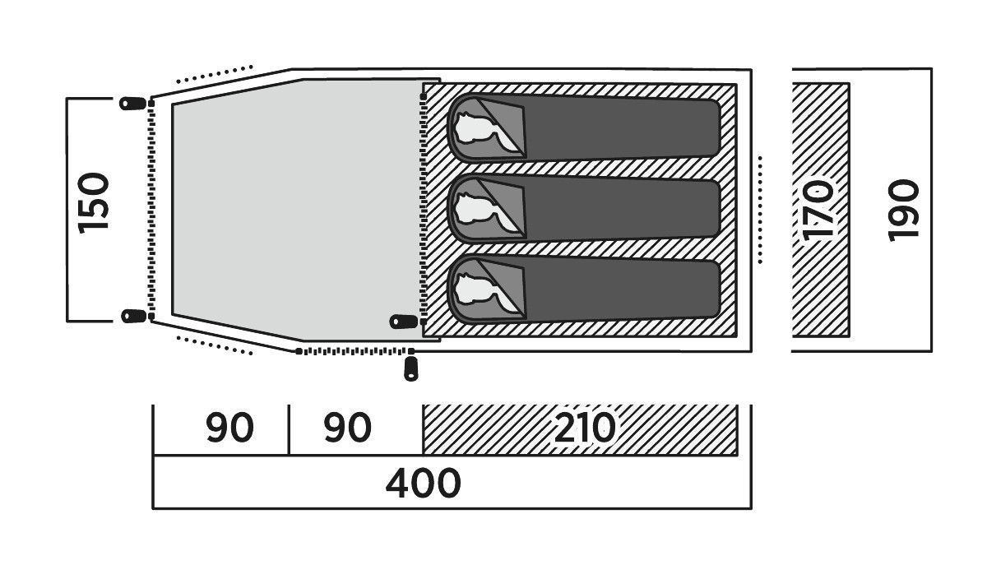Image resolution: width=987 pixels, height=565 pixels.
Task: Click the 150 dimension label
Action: (93, 203)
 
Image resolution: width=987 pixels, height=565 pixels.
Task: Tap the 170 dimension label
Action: (818, 211)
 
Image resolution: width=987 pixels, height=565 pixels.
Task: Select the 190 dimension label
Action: (904, 211)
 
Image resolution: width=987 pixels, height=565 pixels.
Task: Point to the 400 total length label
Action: (423, 484)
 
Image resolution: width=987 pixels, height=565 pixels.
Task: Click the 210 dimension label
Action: (584, 427)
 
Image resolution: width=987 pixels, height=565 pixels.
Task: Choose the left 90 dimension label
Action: (229, 427)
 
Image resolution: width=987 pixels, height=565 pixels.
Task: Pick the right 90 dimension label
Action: (347, 427)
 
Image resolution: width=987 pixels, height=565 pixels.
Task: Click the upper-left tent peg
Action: (133, 104)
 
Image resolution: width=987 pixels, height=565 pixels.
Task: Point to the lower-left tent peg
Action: (133, 316)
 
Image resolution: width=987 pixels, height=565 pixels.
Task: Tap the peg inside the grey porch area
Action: (404, 322)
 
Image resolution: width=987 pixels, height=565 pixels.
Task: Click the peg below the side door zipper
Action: (411, 369)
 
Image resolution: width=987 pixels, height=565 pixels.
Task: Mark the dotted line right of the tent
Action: (760, 211)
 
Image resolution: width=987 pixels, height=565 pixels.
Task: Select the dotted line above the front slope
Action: (214, 74)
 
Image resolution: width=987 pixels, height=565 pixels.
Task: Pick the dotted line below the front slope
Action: (214, 345)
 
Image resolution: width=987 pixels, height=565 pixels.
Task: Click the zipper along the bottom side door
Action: (355, 351)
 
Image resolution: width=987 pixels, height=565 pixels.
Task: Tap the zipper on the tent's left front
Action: (151, 210)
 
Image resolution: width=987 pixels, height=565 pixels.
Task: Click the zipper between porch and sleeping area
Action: (424, 210)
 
